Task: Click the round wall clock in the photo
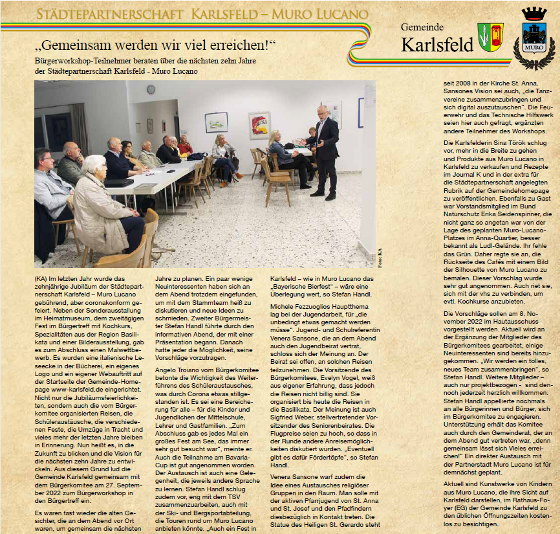(151, 89)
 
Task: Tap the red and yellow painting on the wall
(259, 125)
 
